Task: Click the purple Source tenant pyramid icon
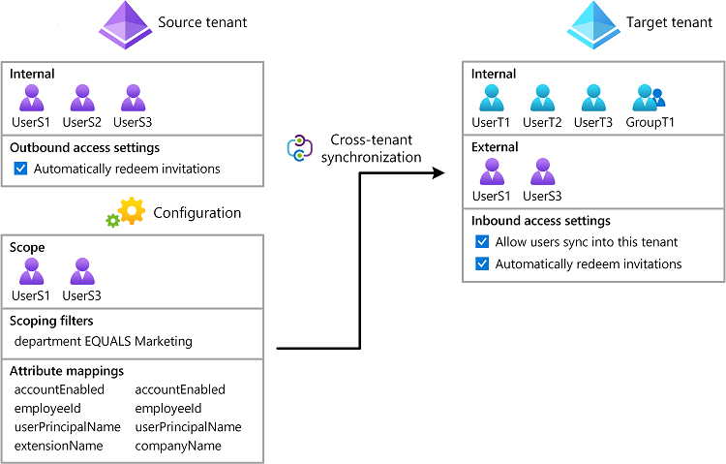tap(126, 24)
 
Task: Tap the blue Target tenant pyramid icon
tap(593, 24)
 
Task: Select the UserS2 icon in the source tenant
tap(82, 99)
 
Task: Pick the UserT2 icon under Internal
tap(543, 99)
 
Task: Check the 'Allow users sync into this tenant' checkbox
tap(482, 242)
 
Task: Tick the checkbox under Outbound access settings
tap(21, 169)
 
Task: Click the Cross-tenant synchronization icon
tap(299, 148)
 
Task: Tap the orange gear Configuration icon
tap(131, 211)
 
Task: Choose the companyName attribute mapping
tap(177, 446)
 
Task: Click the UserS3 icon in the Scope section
tap(82, 272)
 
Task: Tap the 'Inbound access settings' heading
tap(539, 221)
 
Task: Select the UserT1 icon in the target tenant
tap(493, 99)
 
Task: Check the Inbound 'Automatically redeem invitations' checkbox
tap(482, 264)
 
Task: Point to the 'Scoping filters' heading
tap(55, 321)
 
